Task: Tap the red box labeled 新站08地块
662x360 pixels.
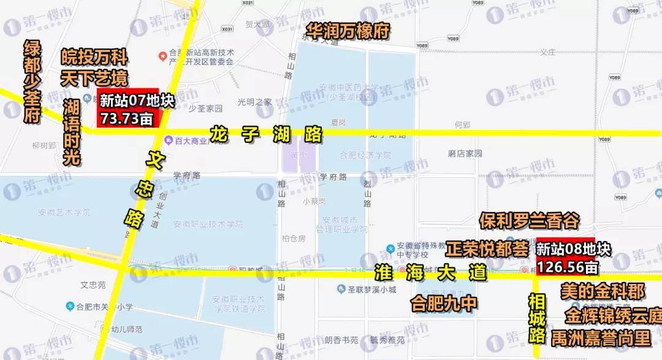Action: tap(565, 257)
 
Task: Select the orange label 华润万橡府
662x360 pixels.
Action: tap(348, 31)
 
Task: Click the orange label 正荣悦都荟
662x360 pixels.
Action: tap(487, 250)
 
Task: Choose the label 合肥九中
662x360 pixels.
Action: tap(444, 304)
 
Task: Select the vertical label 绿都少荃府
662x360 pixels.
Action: tap(32, 82)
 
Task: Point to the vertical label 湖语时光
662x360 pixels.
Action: tap(72, 132)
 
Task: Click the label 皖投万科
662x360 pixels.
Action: tap(94, 59)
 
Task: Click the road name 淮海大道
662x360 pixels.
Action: tap(430, 270)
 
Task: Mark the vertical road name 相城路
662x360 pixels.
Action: tap(537, 318)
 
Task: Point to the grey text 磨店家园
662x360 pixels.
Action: tap(465, 153)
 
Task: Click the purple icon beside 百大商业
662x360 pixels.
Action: tap(167, 140)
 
